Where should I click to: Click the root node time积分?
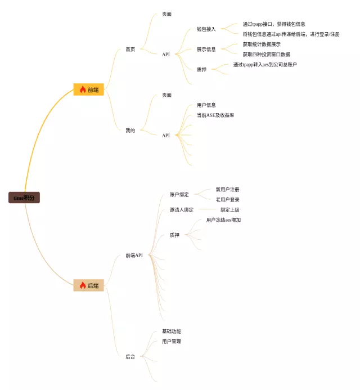(24, 198)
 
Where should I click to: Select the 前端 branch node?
(89, 89)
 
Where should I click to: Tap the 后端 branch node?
(89, 285)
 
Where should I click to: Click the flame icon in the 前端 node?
(83, 89)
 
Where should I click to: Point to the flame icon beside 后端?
(83, 285)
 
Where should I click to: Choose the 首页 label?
(130, 50)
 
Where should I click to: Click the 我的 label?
(130, 131)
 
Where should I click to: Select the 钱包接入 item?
(206, 29)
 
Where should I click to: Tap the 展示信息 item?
(206, 50)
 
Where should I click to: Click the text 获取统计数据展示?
(261, 44)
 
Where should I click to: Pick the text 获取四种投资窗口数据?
(266, 55)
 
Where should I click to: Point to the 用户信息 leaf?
(206, 105)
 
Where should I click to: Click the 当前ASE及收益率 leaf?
(215, 115)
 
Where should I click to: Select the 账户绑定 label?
(179, 195)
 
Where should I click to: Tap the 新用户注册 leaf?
(227, 190)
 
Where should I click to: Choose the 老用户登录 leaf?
(227, 200)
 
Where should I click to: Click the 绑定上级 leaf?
(229, 210)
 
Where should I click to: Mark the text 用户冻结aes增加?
(223, 220)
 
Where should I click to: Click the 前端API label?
(134, 255)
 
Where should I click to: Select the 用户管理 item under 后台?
(171, 342)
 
